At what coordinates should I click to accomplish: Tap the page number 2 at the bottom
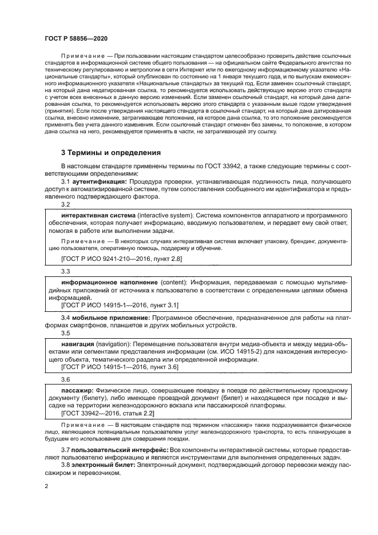46,486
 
